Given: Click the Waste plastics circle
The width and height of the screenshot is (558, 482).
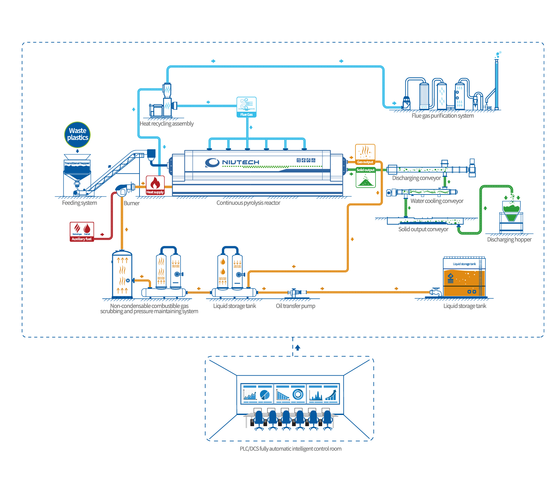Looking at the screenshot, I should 77,134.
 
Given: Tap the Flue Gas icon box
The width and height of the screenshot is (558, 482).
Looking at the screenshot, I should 247,107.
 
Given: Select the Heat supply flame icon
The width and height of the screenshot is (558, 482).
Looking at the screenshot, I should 155,185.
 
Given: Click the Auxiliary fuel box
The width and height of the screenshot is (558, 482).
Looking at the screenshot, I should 82,232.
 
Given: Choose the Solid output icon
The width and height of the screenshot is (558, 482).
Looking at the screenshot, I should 365,178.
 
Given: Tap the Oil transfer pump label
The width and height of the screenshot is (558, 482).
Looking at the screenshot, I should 295,306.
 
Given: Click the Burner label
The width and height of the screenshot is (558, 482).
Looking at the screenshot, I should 131,203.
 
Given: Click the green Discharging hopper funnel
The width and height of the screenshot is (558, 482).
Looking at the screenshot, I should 511,211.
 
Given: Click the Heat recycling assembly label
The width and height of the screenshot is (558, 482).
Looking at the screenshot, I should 166,124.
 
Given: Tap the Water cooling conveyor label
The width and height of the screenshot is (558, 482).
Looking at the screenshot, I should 437,201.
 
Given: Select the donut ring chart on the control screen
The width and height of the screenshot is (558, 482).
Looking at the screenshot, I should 298,394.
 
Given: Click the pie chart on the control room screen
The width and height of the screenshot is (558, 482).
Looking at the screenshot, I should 265,395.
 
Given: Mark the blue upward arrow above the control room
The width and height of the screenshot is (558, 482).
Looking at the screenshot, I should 297,348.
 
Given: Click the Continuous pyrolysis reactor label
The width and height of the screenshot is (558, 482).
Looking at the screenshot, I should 248,203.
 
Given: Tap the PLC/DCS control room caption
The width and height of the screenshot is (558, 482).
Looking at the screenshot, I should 290,448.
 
